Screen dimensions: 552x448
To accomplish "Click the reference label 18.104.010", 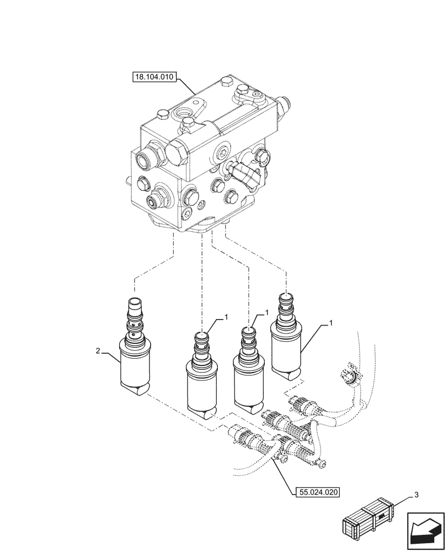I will (154, 78).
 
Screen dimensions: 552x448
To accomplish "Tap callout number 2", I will (98, 351).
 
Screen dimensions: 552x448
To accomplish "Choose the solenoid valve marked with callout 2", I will (135, 353).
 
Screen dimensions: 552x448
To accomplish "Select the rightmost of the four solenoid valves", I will (285, 342).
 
